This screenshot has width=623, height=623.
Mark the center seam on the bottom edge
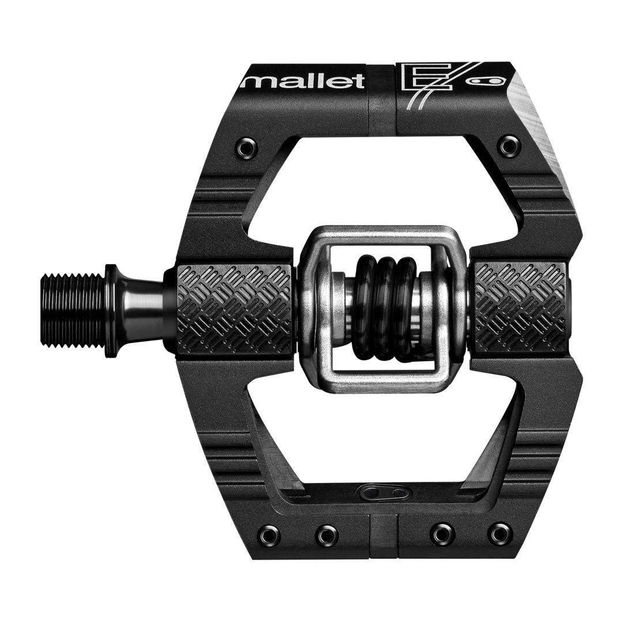pos(384,536)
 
